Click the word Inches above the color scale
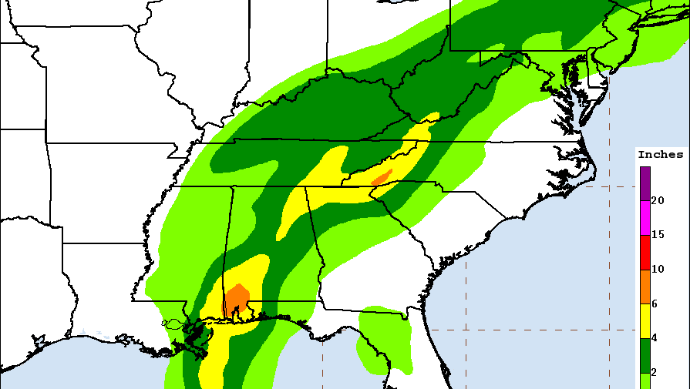(x=660, y=155)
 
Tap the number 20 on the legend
(x=658, y=200)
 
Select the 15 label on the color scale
(x=658, y=234)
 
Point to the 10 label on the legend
(x=658, y=269)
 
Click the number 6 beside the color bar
(x=655, y=303)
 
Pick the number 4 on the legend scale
(x=655, y=337)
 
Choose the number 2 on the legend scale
(x=655, y=372)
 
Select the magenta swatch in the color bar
(x=645, y=217)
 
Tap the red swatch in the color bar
(x=645, y=252)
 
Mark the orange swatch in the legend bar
(x=645, y=286)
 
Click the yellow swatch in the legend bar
(x=645, y=320)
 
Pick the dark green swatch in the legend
(x=645, y=354)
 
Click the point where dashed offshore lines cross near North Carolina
(x=610, y=186)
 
